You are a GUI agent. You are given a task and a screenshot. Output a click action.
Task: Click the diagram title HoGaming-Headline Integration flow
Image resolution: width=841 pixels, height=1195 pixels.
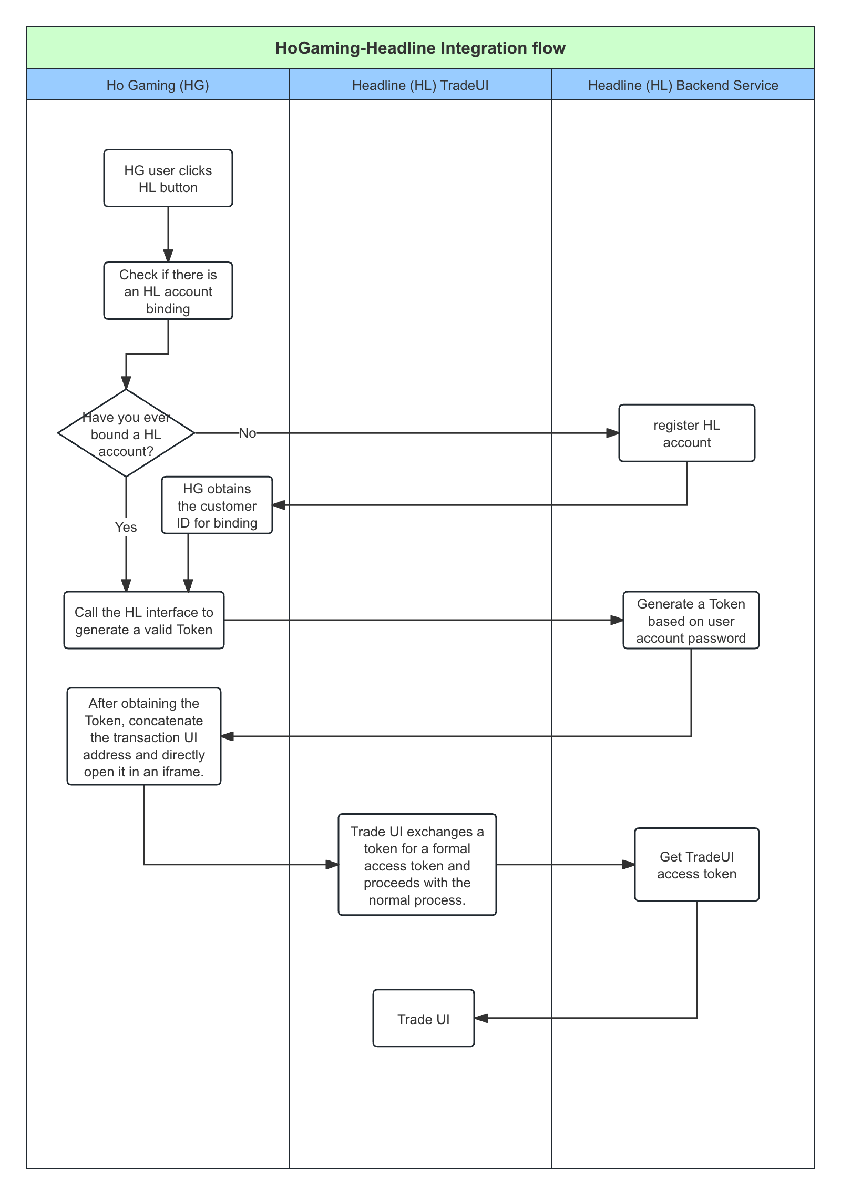pyautogui.click(x=420, y=48)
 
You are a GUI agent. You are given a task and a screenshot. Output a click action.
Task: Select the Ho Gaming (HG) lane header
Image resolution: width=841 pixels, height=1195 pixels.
pyautogui.click(x=158, y=85)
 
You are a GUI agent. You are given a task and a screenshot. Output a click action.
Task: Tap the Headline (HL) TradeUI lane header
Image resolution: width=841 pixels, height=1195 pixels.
pyautogui.click(x=420, y=85)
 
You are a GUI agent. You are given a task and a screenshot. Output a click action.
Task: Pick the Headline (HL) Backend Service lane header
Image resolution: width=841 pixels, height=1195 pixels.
pyautogui.click(x=683, y=85)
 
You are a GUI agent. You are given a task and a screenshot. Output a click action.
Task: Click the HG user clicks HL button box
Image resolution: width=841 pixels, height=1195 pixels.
pyautogui.click(x=168, y=178)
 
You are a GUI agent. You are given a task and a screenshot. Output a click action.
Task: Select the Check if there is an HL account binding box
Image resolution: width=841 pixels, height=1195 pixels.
pyautogui.click(x=168, y=291)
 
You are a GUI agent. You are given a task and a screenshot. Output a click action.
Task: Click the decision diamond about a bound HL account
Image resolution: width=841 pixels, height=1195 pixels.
pyautogui.click(x=126, y=433)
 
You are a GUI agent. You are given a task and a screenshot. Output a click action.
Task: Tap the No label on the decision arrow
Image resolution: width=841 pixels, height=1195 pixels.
pyautogui.click(x=248, y=433)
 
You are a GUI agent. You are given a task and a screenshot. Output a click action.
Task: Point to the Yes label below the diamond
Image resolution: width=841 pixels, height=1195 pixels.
pyautogui.click(x=126, y=527)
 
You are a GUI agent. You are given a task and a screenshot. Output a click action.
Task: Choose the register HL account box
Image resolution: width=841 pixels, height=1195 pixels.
pyautogui.click(x=686, y=433)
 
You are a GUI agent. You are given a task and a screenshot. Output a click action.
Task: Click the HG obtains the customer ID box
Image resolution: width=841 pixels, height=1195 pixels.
pyautogui.click(x=217, y=505)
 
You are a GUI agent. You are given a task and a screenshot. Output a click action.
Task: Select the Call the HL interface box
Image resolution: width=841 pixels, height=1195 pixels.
pyautogui.click(x=144, y=621)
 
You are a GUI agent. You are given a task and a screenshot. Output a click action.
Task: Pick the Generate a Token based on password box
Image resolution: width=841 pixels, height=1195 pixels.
pyautogui.click(x=691, y=621)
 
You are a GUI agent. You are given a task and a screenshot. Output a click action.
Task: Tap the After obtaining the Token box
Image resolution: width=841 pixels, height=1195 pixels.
pyautogui.click(x=144, y=737)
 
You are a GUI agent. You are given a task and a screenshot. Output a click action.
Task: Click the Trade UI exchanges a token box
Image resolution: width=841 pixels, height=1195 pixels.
pyautogui.click(x=417, y=865)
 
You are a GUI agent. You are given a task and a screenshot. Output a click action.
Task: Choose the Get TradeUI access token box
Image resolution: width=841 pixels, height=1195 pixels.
pyautogui.click(x=696, y=865)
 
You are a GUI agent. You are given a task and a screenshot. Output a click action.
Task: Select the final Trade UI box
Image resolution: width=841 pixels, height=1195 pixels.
pyautogui.click(x=424, y=1019)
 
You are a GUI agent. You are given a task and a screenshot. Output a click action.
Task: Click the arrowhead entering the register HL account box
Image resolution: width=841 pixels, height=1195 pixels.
pyautogui.click(x=613, y=433)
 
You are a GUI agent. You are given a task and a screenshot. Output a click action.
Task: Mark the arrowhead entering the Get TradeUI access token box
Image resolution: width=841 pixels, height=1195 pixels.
pyautogui.click(x=629, y=865)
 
